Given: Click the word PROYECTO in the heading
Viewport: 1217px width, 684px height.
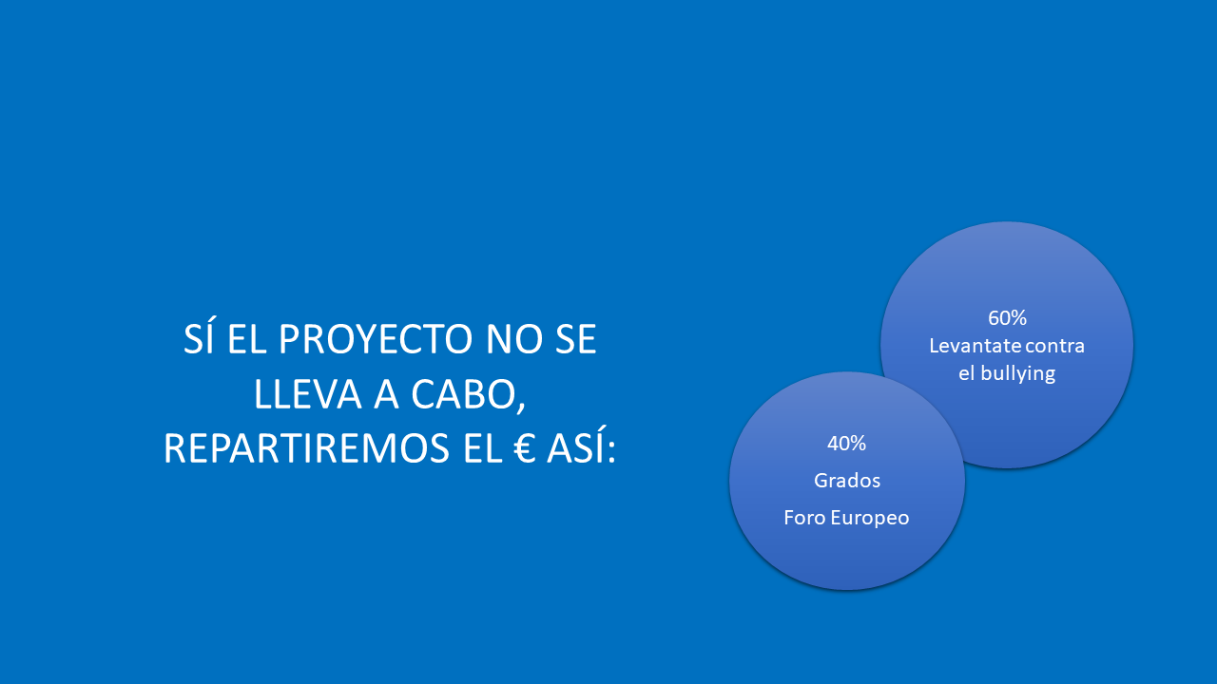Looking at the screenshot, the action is point(376,339).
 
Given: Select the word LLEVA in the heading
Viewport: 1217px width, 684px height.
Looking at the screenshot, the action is point(307,394).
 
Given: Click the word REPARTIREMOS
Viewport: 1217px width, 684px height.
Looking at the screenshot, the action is point(306,448).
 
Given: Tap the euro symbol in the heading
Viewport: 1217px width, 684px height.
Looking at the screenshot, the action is point(524,448).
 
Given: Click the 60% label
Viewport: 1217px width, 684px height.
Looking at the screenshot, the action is point(1007,318).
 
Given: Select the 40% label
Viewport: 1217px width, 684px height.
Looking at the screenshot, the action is point(846,444).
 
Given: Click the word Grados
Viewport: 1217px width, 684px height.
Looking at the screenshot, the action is point(847,481).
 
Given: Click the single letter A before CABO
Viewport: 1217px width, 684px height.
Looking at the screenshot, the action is point(386,394).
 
